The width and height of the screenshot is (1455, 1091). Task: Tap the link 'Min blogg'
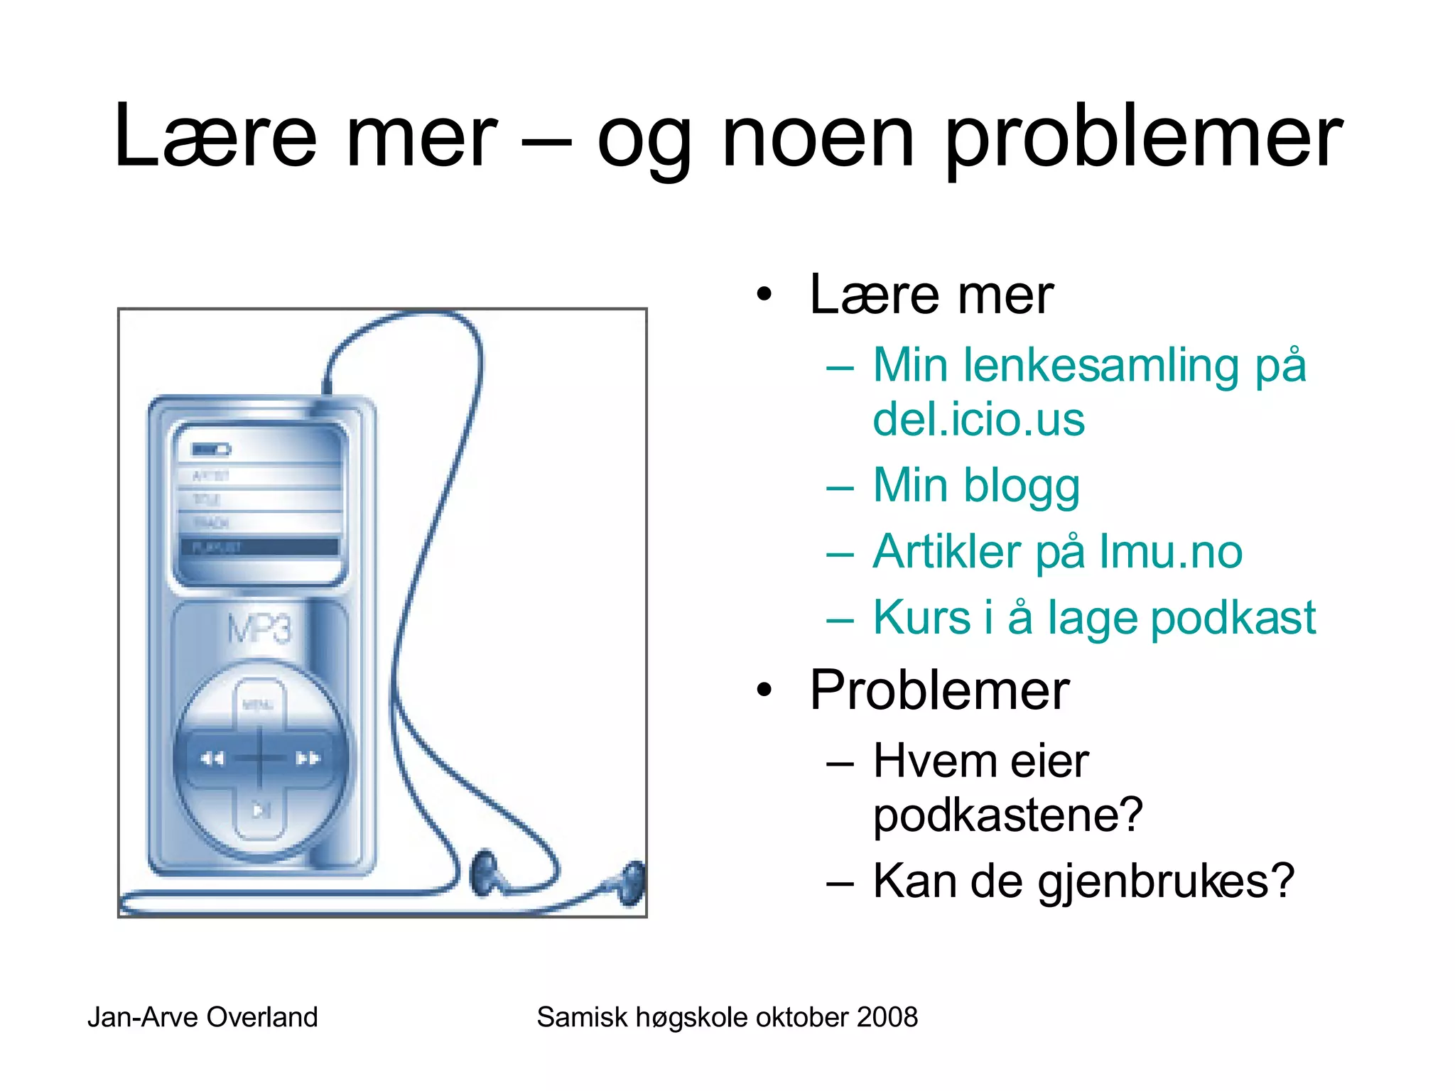click(x=976, y=486)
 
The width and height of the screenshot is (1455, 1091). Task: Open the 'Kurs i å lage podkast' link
click(x=1094, y=617)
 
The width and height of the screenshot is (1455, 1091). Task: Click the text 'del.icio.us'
click(x=978, y=419)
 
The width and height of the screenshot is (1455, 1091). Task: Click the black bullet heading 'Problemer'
click(x=939, y=690)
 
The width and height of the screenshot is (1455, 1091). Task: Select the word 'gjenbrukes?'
click(x=1166, y=881)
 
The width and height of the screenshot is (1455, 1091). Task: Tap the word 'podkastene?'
click(x=1007, y=815)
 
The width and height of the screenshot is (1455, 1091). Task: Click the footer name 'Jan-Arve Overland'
click(x=202, y=1017)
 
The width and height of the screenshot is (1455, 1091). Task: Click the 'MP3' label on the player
click(x=259, y=629)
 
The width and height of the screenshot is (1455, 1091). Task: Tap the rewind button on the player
click(x=212, y=759)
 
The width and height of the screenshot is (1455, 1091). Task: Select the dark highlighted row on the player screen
click(x=259, y=547)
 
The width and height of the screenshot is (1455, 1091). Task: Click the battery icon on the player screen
click(x=211, y=450)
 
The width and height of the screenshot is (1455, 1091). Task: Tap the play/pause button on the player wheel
click(x=261, y=810)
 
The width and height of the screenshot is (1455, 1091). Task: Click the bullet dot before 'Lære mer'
click(x=764, y=294)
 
